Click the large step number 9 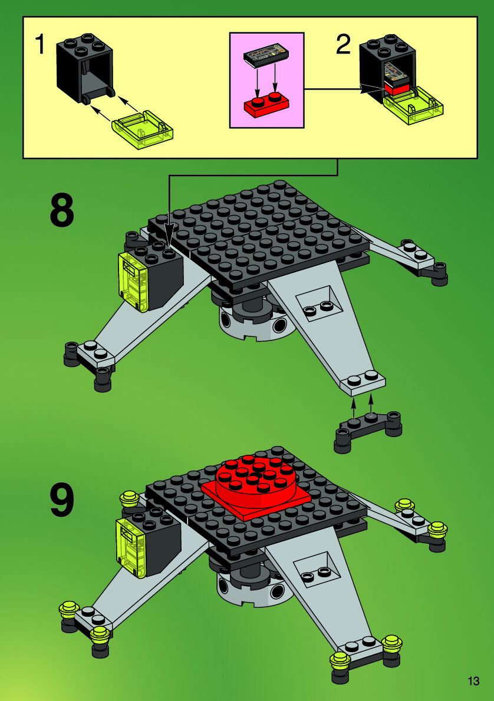point(62,501)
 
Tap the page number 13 point(473,681)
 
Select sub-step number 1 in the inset point(40,45)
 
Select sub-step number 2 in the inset point(344,45)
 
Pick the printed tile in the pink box point(267,55)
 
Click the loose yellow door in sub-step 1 point(142,131)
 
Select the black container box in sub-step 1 point(85,68)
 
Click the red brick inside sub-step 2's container point(397,87)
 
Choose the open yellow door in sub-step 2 point(413,105)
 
